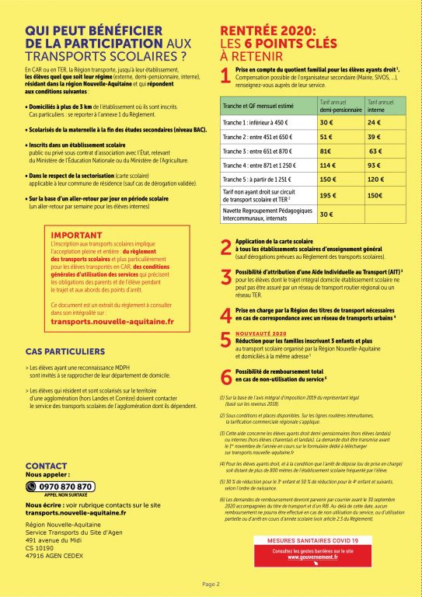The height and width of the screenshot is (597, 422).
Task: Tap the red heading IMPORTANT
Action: (76, 235)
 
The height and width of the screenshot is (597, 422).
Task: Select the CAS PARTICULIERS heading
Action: (65, 351)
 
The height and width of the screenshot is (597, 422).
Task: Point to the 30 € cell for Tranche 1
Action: (326, 123)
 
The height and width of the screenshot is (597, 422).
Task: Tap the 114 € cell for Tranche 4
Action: (327, 165)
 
